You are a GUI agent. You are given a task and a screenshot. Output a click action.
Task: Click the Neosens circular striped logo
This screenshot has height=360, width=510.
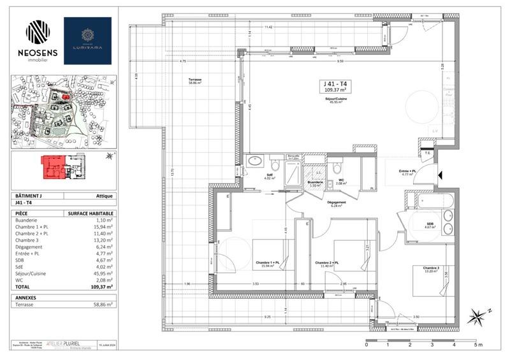(x=37, y=32)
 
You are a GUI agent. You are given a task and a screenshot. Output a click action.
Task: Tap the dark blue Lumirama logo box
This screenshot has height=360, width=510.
(x=87, y=41)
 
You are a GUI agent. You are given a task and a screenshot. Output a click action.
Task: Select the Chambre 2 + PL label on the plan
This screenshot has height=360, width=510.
(x=326, y=263)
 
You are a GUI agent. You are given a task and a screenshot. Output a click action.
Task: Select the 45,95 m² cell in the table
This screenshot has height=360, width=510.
(x=102, y=273)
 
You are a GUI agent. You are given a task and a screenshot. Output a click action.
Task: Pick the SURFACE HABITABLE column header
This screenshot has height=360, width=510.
(x=91, y=213)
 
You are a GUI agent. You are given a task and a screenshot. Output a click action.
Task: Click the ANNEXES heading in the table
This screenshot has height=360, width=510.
(x=27, y=296)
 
